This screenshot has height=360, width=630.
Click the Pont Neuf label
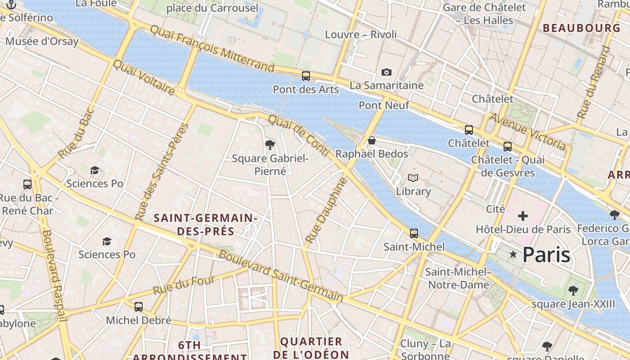384,105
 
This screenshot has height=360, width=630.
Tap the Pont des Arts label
306,89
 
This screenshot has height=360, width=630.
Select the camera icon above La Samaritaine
386,72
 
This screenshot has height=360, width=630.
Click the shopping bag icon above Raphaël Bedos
372,141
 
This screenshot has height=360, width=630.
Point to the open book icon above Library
413,178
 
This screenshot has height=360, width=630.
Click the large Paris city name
546,255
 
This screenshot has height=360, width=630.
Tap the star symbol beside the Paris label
513,255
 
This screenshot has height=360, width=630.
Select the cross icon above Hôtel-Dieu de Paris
522,216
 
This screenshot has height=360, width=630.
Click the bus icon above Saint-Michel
414,234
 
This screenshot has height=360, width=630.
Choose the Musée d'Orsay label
42,41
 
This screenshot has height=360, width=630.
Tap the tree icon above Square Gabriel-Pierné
270,145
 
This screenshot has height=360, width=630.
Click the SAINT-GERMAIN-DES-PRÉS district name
206,225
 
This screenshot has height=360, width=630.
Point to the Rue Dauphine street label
327,210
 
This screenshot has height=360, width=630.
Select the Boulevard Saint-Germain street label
281,276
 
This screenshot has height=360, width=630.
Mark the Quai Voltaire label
144,77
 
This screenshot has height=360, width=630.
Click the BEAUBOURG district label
581,28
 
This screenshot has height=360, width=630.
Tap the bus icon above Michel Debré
139,307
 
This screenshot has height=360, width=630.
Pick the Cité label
495,209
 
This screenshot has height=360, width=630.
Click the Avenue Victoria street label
527,132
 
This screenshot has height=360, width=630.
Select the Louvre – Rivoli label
361,35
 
